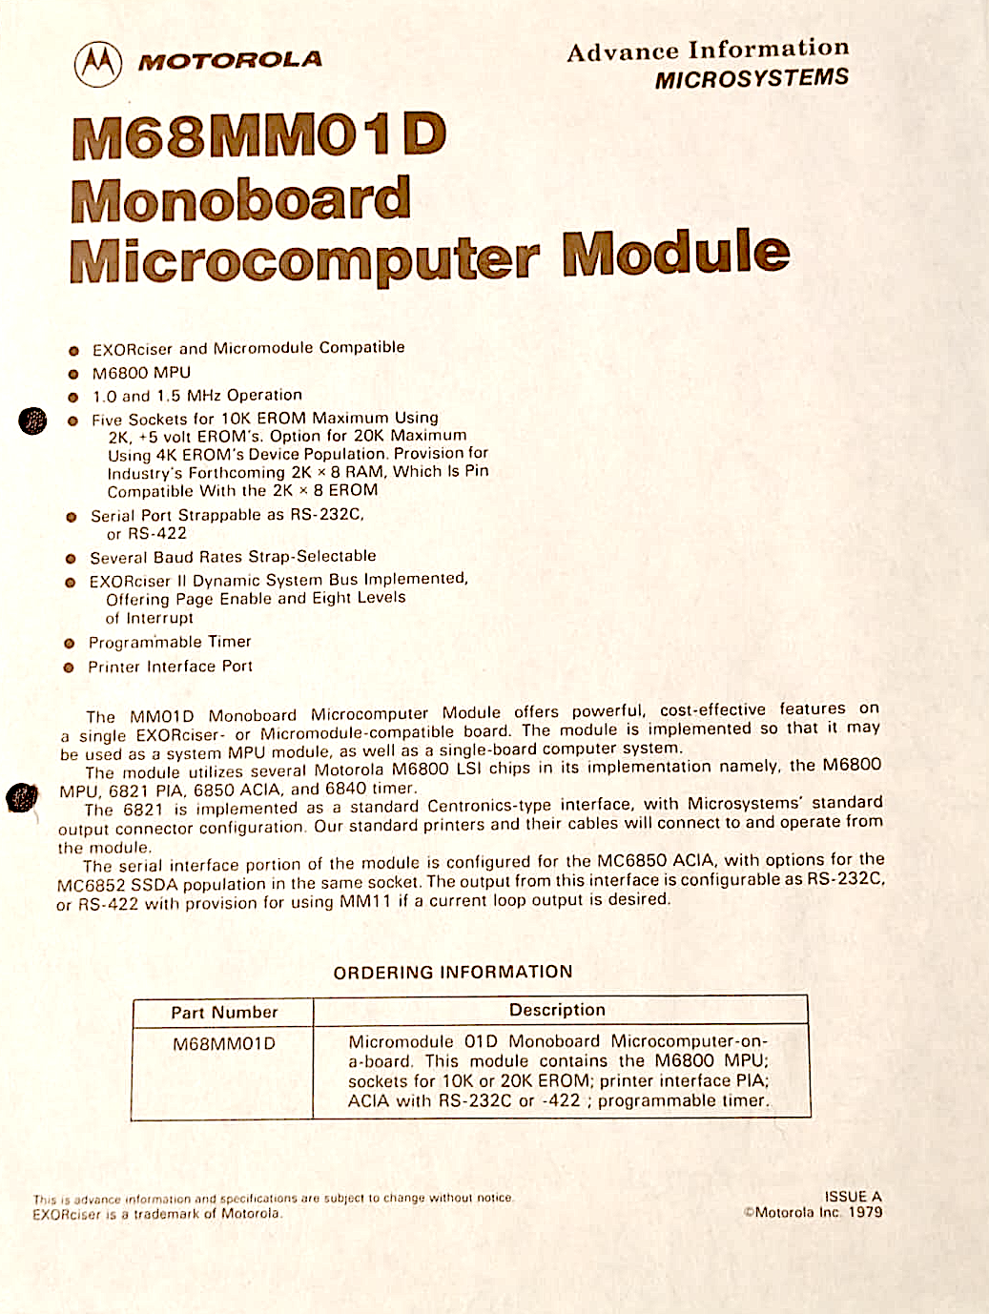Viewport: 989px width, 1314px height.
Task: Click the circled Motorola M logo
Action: [x=98, y=64]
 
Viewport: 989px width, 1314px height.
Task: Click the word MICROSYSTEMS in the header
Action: [x=751, y=79]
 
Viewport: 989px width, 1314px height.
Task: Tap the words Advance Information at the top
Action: [x=707, y=51]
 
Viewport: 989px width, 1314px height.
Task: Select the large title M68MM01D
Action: [x=258, y=136]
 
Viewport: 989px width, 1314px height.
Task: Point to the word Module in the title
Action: [x=675, y=253]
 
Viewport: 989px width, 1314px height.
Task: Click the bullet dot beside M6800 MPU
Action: [x=72, y=374]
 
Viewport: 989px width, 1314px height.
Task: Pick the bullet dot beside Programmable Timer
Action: [x=69, y=644]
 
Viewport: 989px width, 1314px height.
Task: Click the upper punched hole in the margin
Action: [x=32, y=420]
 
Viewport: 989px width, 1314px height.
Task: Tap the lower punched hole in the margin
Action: [x=22, y=797]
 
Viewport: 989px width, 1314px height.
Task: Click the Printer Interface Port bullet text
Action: [x=170, y=667]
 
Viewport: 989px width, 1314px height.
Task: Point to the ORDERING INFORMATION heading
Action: [x=453, y=972]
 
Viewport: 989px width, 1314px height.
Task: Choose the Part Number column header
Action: [x=224, y=1013]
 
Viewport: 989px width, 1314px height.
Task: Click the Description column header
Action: [x=557, y=1010]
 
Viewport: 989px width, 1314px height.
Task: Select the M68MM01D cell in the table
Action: [x=224, y=1044]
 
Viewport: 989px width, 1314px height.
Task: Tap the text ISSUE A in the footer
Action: [x=853, y=1197]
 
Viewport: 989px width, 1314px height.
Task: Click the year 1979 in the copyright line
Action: [x=865, y=1213]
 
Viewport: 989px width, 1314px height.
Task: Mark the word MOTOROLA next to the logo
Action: [x=230, y=61]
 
